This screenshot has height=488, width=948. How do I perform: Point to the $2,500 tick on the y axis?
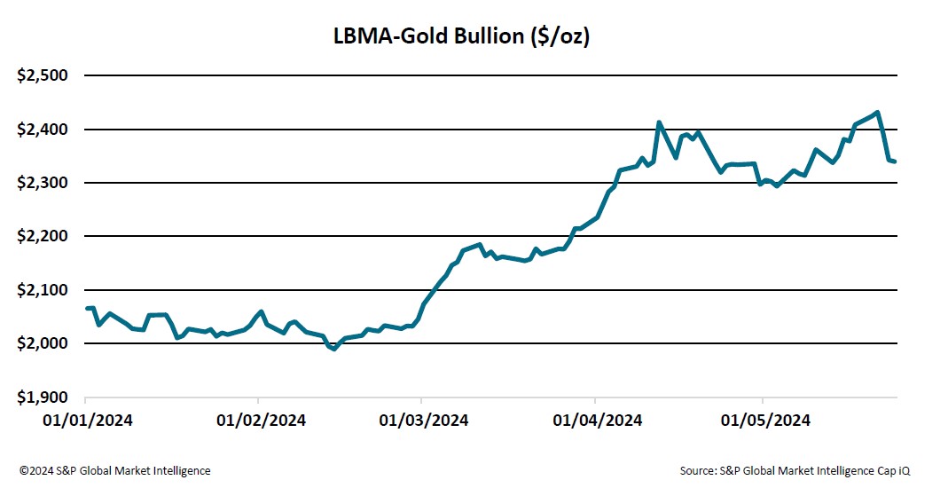pyautogui.click(x=43, y=75)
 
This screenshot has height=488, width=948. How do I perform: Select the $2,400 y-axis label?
pyautogui.click(x=43, y=130)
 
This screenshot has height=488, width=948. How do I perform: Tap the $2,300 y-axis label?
pyautogui.click(x=43, y=183)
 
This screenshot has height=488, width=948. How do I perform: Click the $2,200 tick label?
pyautogui.click(x=43, y=236)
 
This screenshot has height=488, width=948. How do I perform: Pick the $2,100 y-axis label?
pyautogui.click(x=43, y=290)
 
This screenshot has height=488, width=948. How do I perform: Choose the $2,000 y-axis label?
pyautogui.click(x=43, y=343)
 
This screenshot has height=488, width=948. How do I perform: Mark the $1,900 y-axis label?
pyautogui.click(x=43, y=397)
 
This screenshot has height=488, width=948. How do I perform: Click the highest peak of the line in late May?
pyautogui.click(x=877, y=113)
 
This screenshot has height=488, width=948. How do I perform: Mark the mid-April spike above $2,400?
pyautogui.click(x=658, y=122)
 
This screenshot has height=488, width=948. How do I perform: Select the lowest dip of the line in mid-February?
pyautogui.click(x=333, y=349)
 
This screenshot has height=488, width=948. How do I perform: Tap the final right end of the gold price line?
pyautogui.click(x=896, y=161)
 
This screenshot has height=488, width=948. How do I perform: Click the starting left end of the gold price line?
pyautogui.click(x=86, y=308)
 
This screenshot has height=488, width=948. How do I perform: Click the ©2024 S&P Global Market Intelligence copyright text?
pyautogui.click(x=115, y=470)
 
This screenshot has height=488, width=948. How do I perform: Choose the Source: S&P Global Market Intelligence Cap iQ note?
pyautogui.click(x=795, y=470)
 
